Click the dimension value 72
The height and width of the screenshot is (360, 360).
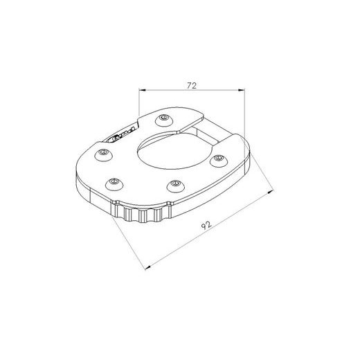tap(192, 85)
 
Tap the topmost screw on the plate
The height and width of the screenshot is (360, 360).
tap(163, 118)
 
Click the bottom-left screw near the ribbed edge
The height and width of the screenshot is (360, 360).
tap(111, 183)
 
